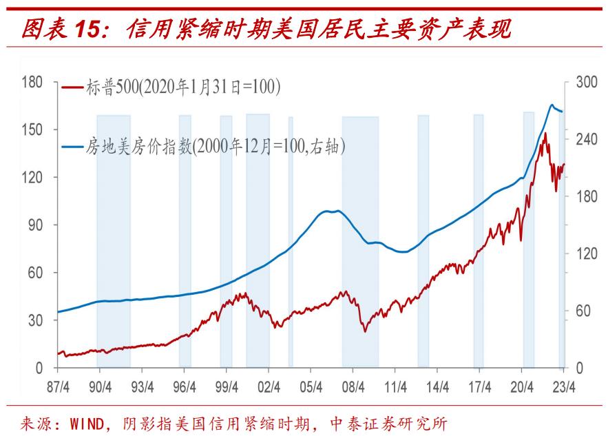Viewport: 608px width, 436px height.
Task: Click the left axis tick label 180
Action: (x=31, y=82)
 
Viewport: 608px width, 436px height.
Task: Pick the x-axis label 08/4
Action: (x=353, y=387)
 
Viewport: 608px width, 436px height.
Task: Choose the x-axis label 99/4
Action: (x=226, y=387)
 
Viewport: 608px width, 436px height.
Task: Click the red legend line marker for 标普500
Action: (x=73, y=88)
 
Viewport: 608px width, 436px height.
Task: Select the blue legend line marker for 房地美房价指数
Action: (x=73, y=147)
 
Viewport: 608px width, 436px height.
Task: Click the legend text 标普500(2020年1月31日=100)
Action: (x=182, y=88)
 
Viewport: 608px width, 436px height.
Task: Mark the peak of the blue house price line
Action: (x=552, y=105)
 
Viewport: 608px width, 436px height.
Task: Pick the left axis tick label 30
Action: (x=35, y=320)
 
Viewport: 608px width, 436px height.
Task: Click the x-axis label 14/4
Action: (x=437, y=387)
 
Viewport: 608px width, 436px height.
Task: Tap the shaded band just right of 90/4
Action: (x=114, y=241)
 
